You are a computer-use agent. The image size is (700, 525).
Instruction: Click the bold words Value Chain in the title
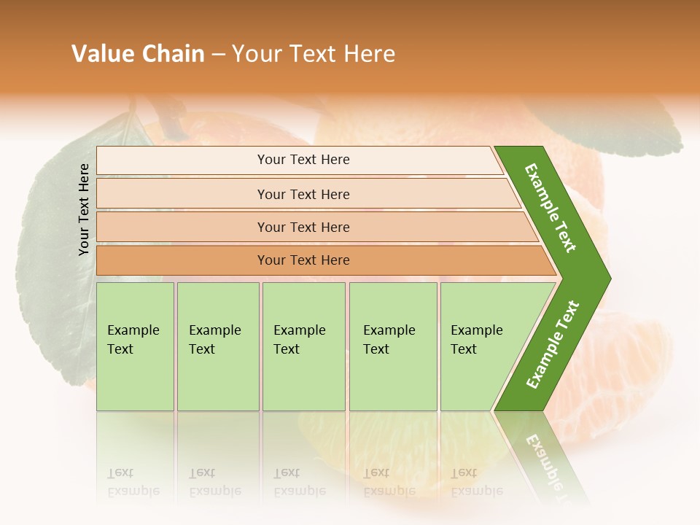[x=138, y=54]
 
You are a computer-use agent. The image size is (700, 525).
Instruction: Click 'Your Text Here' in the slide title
[x=314, y=54]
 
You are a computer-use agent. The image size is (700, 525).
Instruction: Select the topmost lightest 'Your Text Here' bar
[x=303, y=160]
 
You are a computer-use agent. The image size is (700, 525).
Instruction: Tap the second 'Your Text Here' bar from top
[x=303, y=194]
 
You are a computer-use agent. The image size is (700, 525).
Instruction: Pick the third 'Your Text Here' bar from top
[x=303, y=227]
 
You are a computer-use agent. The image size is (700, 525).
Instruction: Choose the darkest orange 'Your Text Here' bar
[x=303, y=260]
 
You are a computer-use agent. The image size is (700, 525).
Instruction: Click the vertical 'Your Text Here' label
[x=84, y=209]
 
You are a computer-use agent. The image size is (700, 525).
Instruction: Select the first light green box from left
[x=135, y=346]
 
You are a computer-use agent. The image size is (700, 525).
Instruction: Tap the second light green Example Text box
[x=218, y=346]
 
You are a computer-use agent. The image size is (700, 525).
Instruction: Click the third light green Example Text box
[x=303, y=346]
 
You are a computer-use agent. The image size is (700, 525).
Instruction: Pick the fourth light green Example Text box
[x=393, y=346]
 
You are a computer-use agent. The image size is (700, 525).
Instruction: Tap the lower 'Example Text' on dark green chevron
[x=552, y=345]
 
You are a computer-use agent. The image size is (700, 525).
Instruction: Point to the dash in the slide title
[x=218, y=55]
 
